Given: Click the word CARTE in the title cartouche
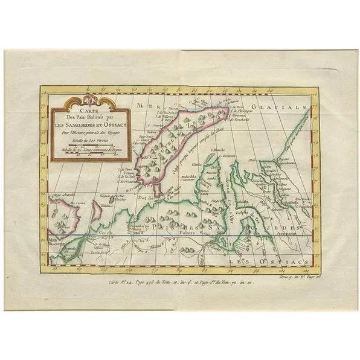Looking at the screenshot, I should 90,111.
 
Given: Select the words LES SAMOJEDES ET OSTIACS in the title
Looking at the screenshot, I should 91,125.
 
